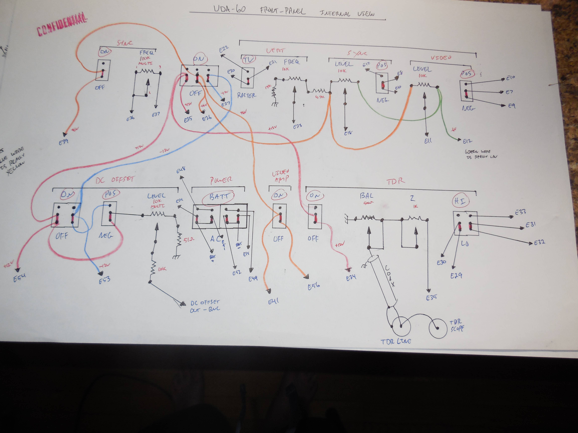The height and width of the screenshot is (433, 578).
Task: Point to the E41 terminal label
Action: [x=273, y=301]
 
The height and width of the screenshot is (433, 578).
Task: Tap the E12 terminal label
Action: [x=467, y=141]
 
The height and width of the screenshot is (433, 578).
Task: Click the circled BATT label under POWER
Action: [x=218, y=197]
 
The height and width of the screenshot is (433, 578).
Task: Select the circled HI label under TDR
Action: [x=460, y=201]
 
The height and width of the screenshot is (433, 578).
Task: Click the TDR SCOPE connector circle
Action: [x=438, y=328]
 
